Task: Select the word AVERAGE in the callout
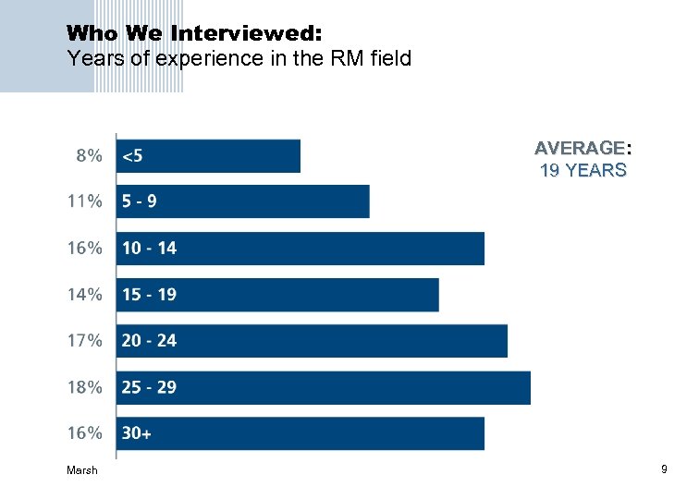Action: click(580, 148)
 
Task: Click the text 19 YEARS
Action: click(582, 170)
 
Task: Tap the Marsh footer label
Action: click(81, 470)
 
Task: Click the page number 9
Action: click(664, 470)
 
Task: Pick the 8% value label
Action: click(89, 156)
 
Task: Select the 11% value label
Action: click(85, 201)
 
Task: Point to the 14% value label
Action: click(85, 295)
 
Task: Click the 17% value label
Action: click(85, 340)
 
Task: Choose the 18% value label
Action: click(85, 387)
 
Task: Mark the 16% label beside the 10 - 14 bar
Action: click(85, 248)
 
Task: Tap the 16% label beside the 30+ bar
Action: click(85, 432)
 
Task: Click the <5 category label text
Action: click(132, 156)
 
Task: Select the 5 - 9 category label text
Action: click(139, 201)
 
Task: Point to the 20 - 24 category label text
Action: click(149, 340)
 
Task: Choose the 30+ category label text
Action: click(136, 432)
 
